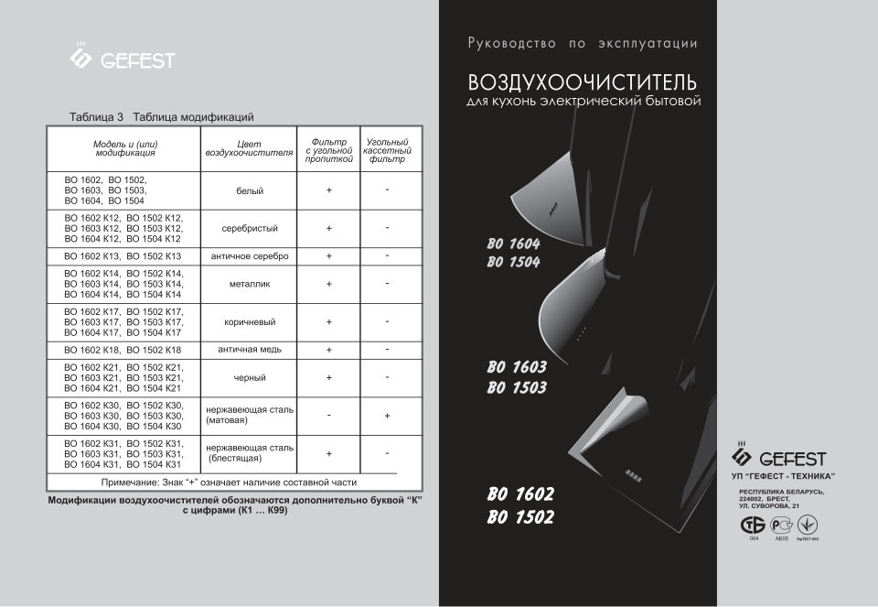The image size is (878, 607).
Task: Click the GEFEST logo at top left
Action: (122, 59)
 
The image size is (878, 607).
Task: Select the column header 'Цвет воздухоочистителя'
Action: (250, 148)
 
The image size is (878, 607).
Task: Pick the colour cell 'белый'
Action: (250, 190)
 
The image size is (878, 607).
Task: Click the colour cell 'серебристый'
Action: (250, 228)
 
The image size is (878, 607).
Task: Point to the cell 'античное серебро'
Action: (250, 256)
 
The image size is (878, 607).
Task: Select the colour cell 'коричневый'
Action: (250, 322)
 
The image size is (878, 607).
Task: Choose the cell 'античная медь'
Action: (250, 350)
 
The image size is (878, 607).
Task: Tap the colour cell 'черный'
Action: (250, 377)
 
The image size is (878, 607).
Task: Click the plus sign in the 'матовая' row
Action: (387, 416)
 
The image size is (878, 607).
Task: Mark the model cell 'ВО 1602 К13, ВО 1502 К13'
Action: (123, 256)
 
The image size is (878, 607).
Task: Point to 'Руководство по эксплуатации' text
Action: (583, 43)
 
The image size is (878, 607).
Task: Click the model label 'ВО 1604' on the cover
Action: (513, 245)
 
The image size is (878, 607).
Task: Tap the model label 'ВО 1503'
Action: (517, 387)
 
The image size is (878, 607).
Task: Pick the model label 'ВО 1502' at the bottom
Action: (520, 517)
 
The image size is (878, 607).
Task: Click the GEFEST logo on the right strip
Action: (779, 458)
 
